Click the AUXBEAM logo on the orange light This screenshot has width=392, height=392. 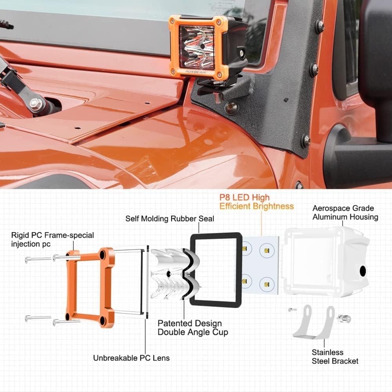tap(196, 71)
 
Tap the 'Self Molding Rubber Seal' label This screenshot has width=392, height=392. tap(170, 219)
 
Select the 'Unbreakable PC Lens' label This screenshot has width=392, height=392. tap(131, 358)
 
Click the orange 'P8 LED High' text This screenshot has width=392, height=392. tap(245, 198)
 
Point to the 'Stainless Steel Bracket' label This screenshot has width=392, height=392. tap(335, 357)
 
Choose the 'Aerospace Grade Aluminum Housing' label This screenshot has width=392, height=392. tap(345, 212)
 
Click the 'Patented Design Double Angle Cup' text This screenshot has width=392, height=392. tap(193, 328)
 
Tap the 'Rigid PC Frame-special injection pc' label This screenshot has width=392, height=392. tap(53, 240)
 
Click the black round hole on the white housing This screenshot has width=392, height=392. tap(363, 271)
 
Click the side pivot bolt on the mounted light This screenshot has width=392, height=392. tap(241, 53)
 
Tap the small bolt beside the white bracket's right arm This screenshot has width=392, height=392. tap(343, 318)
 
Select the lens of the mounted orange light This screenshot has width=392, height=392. tap(197, 47)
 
